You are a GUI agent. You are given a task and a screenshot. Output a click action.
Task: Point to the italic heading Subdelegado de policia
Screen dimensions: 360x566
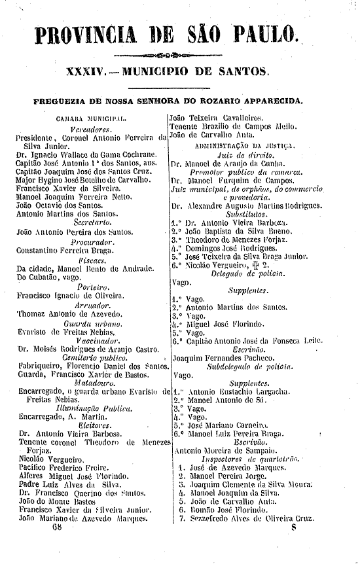point(245,367)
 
